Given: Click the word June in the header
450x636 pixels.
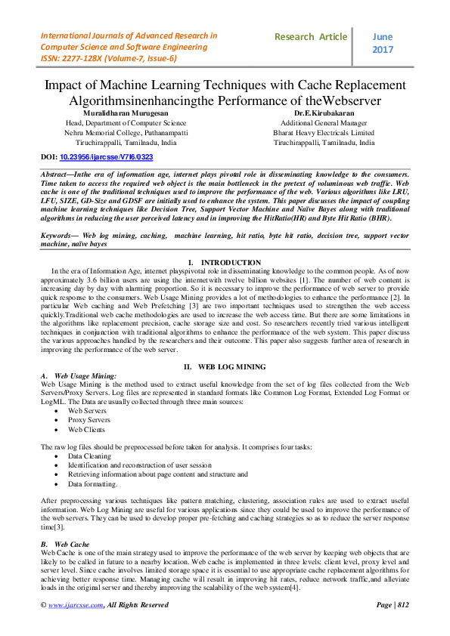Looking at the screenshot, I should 383,36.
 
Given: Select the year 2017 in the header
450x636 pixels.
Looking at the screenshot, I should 383,49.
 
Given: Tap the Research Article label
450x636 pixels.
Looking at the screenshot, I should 311,36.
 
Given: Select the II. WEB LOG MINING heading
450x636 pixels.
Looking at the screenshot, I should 225,366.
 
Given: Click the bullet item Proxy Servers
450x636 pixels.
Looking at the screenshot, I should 88,420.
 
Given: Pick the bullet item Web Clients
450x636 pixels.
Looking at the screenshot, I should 86,429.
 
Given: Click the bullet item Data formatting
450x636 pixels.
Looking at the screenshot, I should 92,483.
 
